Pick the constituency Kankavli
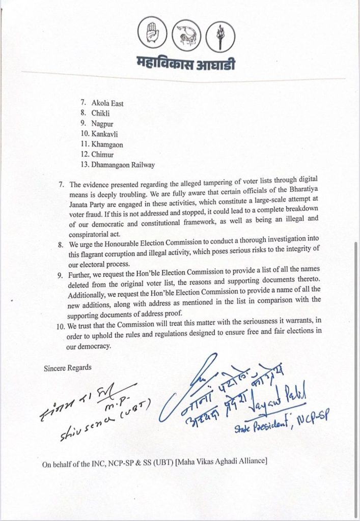[x=107, y=134]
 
